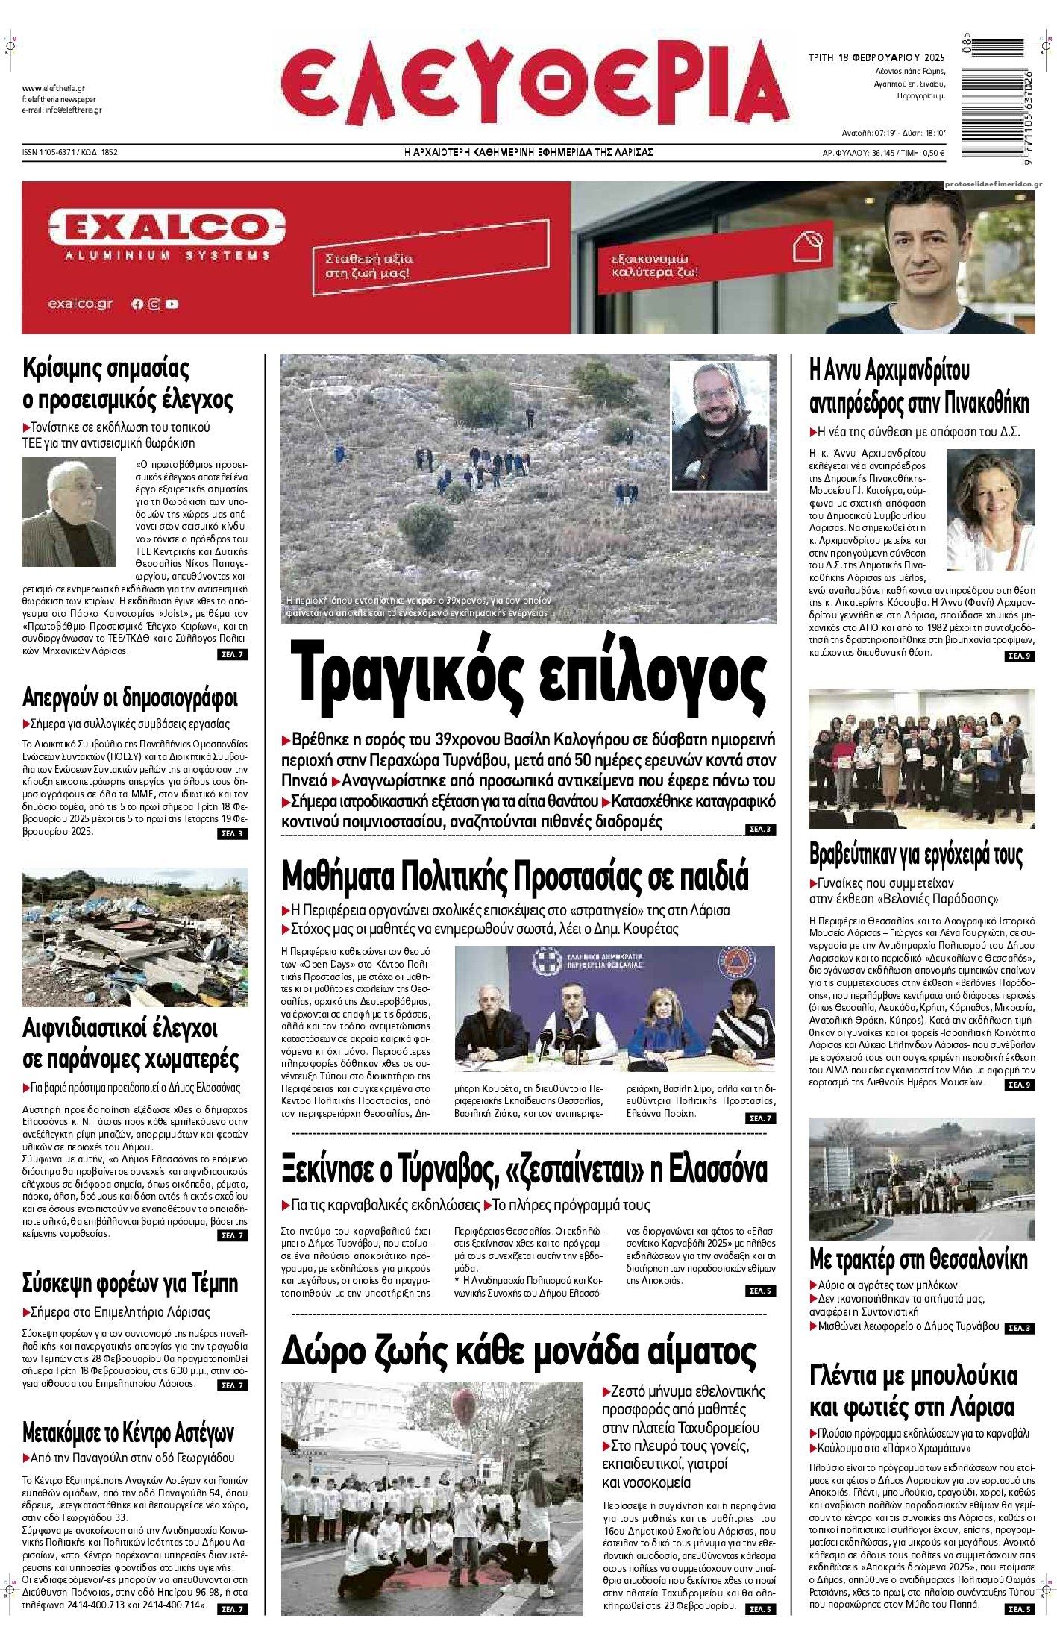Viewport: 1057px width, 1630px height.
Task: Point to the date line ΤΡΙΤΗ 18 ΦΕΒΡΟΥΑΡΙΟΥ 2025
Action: [876, 57]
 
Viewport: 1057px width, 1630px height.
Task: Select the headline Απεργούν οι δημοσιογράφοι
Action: [130, 698]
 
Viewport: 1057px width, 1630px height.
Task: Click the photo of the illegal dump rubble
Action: [135, 938]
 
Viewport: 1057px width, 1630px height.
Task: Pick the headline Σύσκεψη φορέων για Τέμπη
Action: [130, 1283]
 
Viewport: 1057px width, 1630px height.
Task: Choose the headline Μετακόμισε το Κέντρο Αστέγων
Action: [128, 1432]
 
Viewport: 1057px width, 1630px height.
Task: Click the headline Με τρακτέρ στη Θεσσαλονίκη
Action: [918, 1259]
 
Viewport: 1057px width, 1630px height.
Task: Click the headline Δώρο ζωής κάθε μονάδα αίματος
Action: [519, 1350]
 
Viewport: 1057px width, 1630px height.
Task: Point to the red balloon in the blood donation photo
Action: [472, 1407]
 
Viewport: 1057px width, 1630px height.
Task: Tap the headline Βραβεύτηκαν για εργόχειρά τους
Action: [916, 853]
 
